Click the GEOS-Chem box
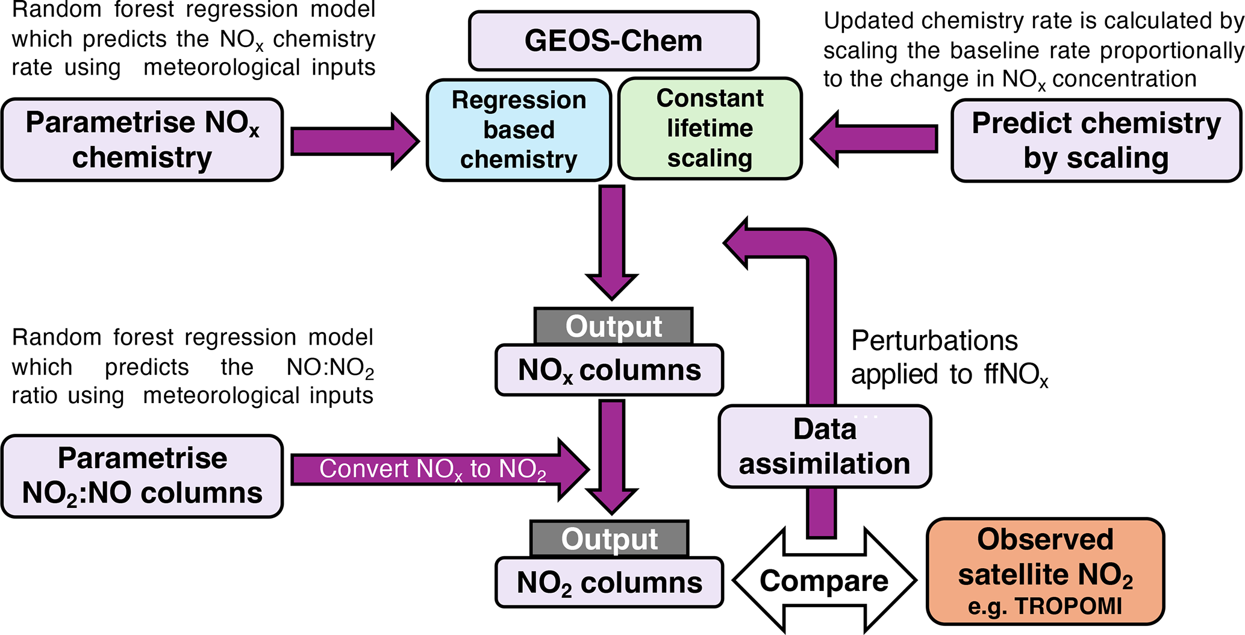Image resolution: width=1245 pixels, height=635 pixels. pyautogui.click(x=613, y=41)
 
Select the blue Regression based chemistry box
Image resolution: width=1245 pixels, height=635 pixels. pyautogui.click(x=519, y=130)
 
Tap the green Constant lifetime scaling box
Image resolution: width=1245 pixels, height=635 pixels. pyautogui.click(x=710, y=128)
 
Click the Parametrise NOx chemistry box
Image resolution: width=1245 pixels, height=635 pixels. pyautogui.click(x=142, y=140)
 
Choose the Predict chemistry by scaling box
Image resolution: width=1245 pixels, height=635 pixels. pyautogui.click(x=1096, y=140)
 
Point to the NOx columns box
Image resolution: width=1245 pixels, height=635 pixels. pyautogui.click(x=609, y=370)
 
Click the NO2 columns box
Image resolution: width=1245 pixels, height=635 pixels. pyautogui.click(x=609, y=583)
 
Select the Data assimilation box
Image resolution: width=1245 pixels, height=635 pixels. pyautogui.click(x=825, y=446)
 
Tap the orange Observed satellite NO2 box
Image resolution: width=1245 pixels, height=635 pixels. pyautogui.click(x=1045, y=571)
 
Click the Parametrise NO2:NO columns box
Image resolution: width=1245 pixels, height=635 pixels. pyautogui.click(x=142, y=476)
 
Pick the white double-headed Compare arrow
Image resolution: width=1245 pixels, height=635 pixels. pyautogui.click(x=824, y=581)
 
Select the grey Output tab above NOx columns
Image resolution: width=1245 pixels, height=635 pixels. pyautogui.click(x=613, y=327)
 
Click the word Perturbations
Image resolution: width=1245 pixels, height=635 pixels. pyautogui.click(x=934, y=341)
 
